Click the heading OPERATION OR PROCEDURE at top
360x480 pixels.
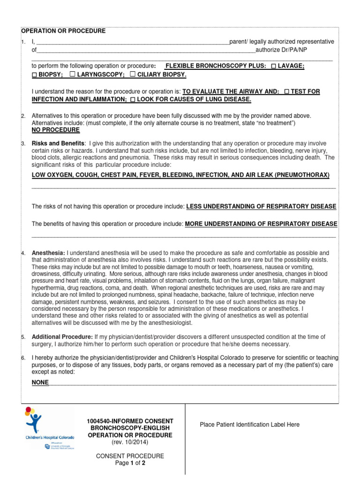click(63, 31)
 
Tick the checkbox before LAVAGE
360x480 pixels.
click(273, 67)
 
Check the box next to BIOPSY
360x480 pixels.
click(34, 75)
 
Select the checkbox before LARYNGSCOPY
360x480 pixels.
click(72, 75)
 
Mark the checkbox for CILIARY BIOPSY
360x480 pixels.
click(133, 75)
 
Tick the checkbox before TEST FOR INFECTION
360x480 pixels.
click(286, 92)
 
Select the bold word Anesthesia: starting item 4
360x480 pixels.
click(48, 253)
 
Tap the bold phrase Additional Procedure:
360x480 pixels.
click(62, 337)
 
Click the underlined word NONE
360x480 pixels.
click(40, 382)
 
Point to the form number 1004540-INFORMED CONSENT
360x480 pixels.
click(130, 421)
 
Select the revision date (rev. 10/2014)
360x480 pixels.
click(130, 442)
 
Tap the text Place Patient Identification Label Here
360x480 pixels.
click(249, 425)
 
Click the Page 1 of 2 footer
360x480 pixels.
click(130, 463)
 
